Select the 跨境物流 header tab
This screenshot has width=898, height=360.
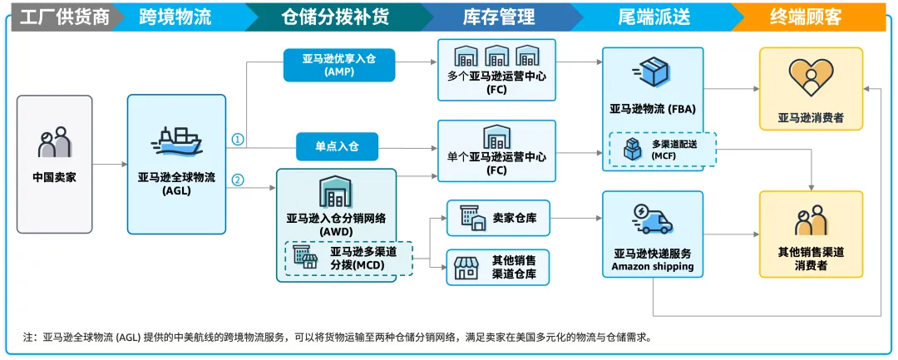pyautogui.click(x=175, y=17)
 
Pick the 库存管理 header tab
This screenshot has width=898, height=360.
pyautogui.click(x=498, y=17)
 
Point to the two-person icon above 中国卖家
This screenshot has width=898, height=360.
pyautogui.click(x=54, y=143)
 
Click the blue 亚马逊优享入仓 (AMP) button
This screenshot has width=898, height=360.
pyautogui.click(x=338, y=65)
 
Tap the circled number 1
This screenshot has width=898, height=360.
pyautogui.click(x=238, y=140)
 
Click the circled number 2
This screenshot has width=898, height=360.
pyautogui.click(x=238, y=179)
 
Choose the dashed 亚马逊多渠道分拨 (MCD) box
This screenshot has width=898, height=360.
pyautogui.click(x=348, y=259)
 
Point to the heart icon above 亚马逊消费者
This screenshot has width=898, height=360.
pyautogui.click(x=810, y=77)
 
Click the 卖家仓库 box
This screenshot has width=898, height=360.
pyautogui.click(x=497, y=219)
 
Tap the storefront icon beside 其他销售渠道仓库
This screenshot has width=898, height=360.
pyautogui.click(x=467, y=268)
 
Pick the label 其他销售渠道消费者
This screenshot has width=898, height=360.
pyautogui.click(x=811, y=258)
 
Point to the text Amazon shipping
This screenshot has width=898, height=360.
pyautogui.click(x=653, y=266)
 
